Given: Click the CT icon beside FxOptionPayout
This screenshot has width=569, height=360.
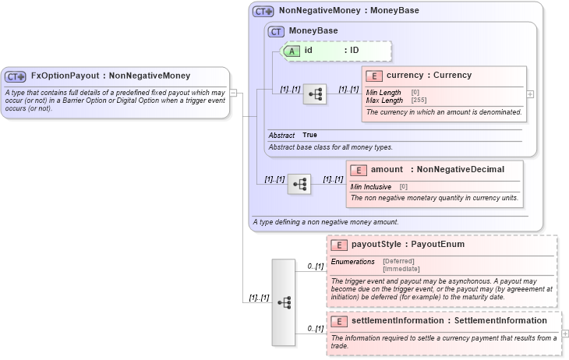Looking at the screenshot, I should click(x=16, y=76).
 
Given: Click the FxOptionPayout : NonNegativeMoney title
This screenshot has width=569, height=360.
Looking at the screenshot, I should click(x=110, y=76).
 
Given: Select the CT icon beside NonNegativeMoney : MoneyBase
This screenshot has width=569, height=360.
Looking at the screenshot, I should click(x=263, y=11).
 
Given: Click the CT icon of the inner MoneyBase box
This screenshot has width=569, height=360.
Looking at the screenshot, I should click(x=276, y=31).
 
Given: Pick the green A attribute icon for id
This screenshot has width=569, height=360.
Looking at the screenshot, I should click(x=291, y=51).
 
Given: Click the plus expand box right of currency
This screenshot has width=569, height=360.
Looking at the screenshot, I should click(x=530, y=94).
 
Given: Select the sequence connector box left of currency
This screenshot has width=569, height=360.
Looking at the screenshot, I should click(x=315, y=94).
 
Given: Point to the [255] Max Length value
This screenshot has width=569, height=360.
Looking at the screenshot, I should click(x=419, y=101).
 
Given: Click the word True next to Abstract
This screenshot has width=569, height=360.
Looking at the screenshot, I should click(x=309, y=135).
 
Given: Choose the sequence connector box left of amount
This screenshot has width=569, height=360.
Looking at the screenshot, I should click(x=299, y=184).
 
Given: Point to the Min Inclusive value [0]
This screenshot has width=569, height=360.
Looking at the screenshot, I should click(x=404, y=187).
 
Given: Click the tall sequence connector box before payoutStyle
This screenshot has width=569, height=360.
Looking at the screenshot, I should click(x=284, y=302).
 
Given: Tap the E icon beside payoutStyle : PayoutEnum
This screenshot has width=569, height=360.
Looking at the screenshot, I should click(x=340, y=245).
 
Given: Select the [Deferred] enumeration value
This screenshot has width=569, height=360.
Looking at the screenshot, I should click(x=398, y=261).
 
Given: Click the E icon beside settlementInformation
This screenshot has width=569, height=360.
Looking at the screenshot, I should click(x=340, y=321).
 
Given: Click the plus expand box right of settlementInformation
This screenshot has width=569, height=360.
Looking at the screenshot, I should click(x=564, y=334).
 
